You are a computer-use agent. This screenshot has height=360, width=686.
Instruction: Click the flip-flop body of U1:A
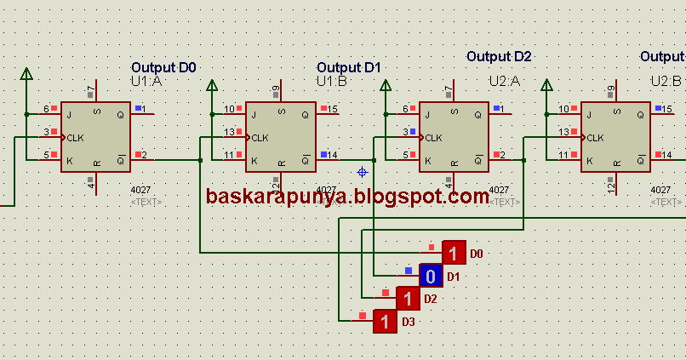click(96, 135)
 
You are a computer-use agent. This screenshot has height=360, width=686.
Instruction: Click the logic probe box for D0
click(454, 254)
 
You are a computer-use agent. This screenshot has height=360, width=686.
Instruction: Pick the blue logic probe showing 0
click(431, 276)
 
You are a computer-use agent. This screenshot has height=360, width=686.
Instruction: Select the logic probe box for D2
click(408, 299)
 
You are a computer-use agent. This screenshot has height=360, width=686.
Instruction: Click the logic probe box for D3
click(386, 322)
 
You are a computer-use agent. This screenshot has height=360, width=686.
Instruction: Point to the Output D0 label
click(164, 66)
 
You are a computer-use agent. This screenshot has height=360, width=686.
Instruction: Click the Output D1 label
click(350, 66)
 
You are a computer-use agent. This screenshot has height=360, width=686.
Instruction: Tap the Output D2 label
click(499, 56)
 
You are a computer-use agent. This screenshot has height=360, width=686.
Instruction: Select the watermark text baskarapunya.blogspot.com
click(347, 197)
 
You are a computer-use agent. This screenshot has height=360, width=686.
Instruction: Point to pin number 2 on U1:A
click(144, 155)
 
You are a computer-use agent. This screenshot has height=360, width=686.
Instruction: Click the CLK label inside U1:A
click(76, 137)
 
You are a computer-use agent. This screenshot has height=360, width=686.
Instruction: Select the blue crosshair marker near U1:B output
click(362, 172)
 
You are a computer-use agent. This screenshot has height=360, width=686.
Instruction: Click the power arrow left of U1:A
click(26, 74)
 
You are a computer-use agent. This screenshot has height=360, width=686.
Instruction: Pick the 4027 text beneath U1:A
click(140, 191)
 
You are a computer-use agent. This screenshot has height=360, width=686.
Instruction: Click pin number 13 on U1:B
click(229, 132)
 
